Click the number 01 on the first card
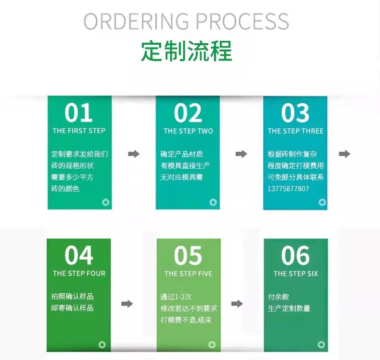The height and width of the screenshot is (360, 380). (79, 113)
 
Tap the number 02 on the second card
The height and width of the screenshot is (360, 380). (188, 113)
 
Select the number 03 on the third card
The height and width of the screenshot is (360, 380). (295, 113)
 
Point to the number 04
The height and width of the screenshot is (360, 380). (79, 256)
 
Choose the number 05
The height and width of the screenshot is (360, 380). (188, 256)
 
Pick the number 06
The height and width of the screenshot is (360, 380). (295, 256)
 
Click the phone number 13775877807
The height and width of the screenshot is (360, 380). (288, 188)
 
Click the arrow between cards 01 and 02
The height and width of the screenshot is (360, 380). (134, 154)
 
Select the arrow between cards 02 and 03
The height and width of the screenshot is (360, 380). (241, 154)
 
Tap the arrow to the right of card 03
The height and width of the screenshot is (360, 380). (344, 154)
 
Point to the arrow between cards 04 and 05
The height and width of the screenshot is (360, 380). (127, 304)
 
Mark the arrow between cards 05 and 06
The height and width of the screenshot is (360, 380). (237, 304)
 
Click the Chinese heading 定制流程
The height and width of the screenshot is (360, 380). (187, 51)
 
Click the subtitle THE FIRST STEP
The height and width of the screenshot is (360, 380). (79, 131)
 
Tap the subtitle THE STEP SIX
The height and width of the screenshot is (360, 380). (295, 273)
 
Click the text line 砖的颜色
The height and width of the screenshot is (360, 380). (65, 188)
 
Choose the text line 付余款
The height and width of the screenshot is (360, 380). (279, 297)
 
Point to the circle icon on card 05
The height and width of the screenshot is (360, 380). (212, 345)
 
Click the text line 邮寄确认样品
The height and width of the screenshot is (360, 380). (73, 308)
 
